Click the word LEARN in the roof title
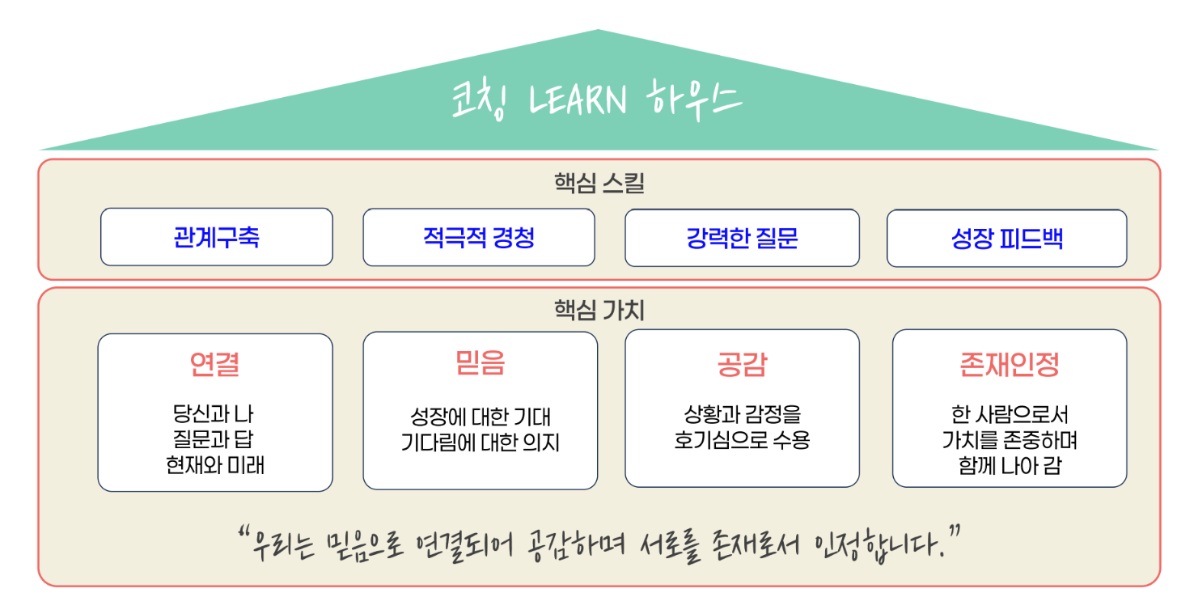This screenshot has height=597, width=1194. point(578,99)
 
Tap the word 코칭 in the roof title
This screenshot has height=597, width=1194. point(479,99)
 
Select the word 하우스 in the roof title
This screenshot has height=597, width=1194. point(693,99)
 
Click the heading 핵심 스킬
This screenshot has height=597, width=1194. point(599,183)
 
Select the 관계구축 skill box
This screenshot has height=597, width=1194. point(217,237)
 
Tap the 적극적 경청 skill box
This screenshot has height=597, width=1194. point(479,237)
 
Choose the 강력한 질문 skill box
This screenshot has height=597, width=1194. point(742,238)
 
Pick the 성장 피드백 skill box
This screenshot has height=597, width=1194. point(1007,239)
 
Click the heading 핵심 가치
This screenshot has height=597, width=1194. point(599,310)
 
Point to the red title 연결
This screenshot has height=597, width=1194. point(215,365)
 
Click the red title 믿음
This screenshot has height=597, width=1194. point(480,362)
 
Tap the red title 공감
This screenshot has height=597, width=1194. point(742,365)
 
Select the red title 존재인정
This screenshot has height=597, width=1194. point(1010,365)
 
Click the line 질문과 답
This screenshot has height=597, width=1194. point(214,439)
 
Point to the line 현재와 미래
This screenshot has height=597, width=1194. point(215,465)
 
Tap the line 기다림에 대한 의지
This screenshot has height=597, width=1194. point(480,442)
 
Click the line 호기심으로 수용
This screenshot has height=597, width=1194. point(742,440)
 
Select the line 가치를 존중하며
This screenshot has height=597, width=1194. point(1010,440)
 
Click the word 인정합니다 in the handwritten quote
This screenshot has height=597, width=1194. point(879,545)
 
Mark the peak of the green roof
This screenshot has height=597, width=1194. point(598,29)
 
